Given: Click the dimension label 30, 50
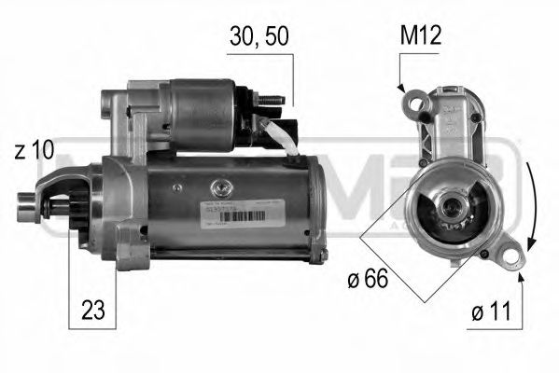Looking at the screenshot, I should pos(259,36).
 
